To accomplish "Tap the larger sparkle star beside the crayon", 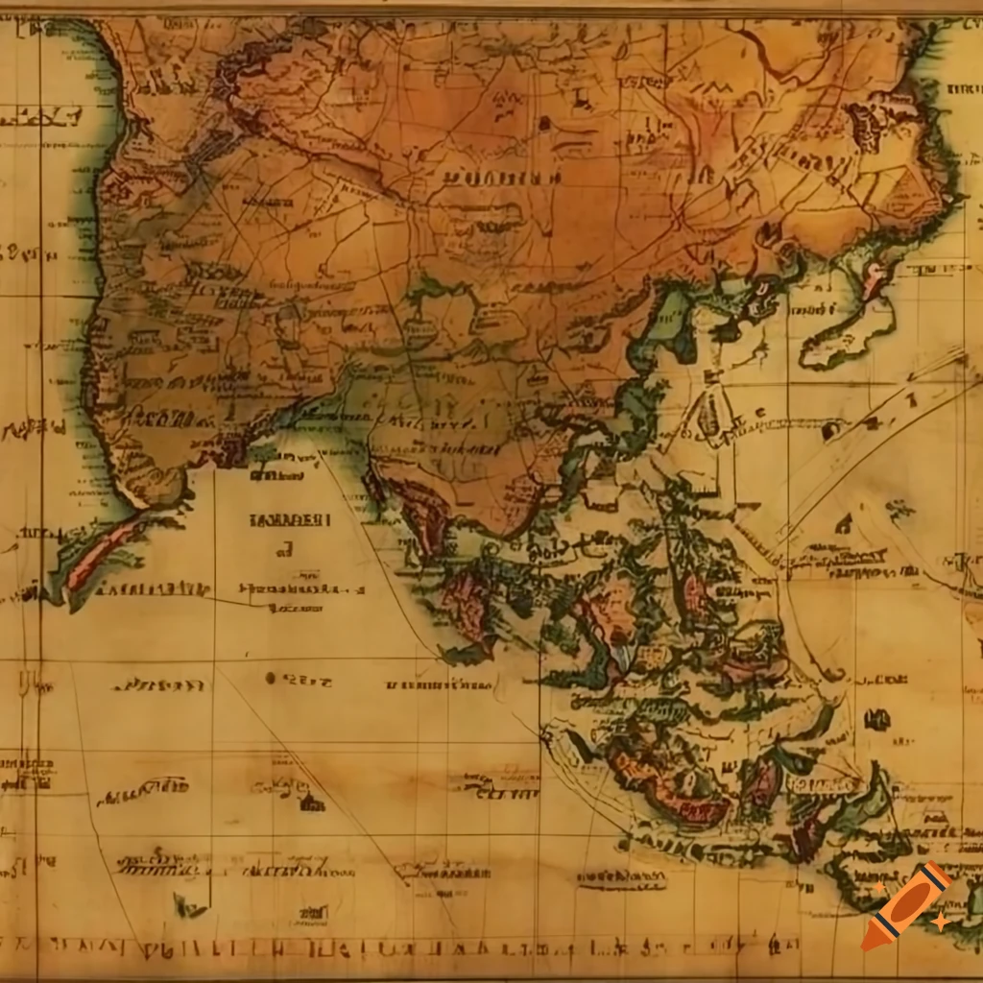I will coord(940,921).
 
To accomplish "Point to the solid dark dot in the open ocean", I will coord(271,679).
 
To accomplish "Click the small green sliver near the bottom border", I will coord(186,904).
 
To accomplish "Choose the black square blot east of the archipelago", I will coord(875,719).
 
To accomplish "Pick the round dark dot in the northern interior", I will coord(544,122).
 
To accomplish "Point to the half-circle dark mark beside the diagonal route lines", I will coord(843,524).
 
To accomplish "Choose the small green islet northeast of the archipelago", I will coord(899,509).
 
